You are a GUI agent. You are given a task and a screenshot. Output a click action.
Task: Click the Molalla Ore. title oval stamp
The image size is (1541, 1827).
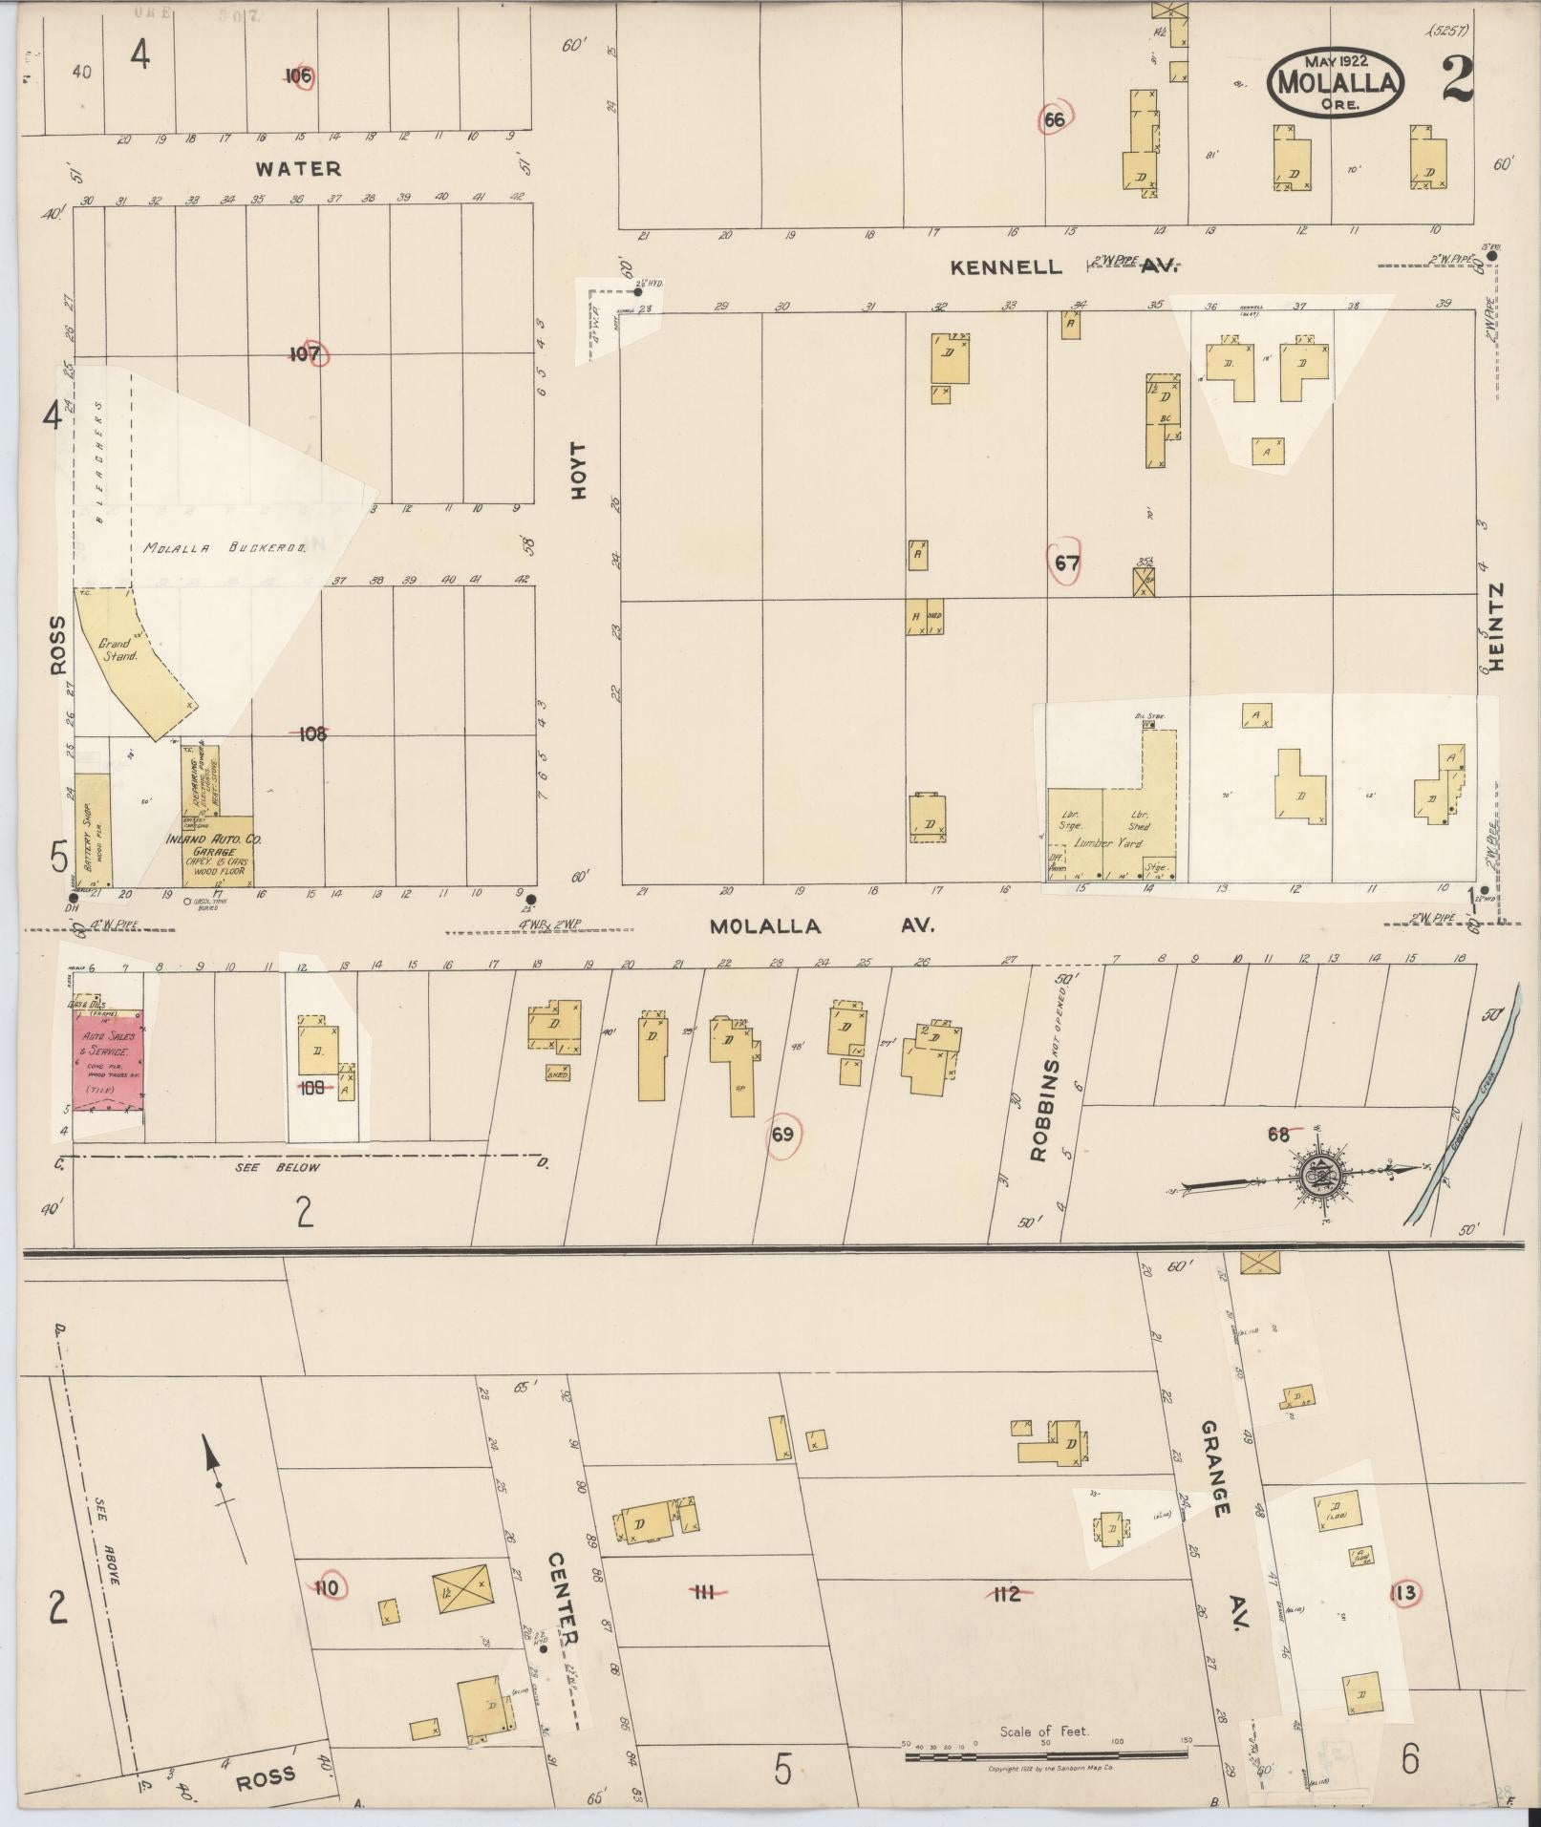pos(1336,83)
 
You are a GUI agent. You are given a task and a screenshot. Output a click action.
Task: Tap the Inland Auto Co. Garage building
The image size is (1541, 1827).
pos(219,850)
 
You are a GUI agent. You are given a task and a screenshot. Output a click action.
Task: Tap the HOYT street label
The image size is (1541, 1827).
pos(576,471)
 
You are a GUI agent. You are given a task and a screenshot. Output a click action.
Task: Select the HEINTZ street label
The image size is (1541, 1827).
pos(1495,627)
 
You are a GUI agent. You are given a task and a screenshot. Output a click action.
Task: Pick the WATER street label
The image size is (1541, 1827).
pos(298,169)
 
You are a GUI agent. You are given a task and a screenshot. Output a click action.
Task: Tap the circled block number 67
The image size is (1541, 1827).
pos(1066,563)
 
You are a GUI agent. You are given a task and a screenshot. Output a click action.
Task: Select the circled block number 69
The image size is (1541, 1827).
pos(782,1135)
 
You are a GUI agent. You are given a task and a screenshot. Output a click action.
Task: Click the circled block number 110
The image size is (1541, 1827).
pos(328,1587)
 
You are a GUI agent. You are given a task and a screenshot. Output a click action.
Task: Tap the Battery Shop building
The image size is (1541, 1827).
pos(93,829)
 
